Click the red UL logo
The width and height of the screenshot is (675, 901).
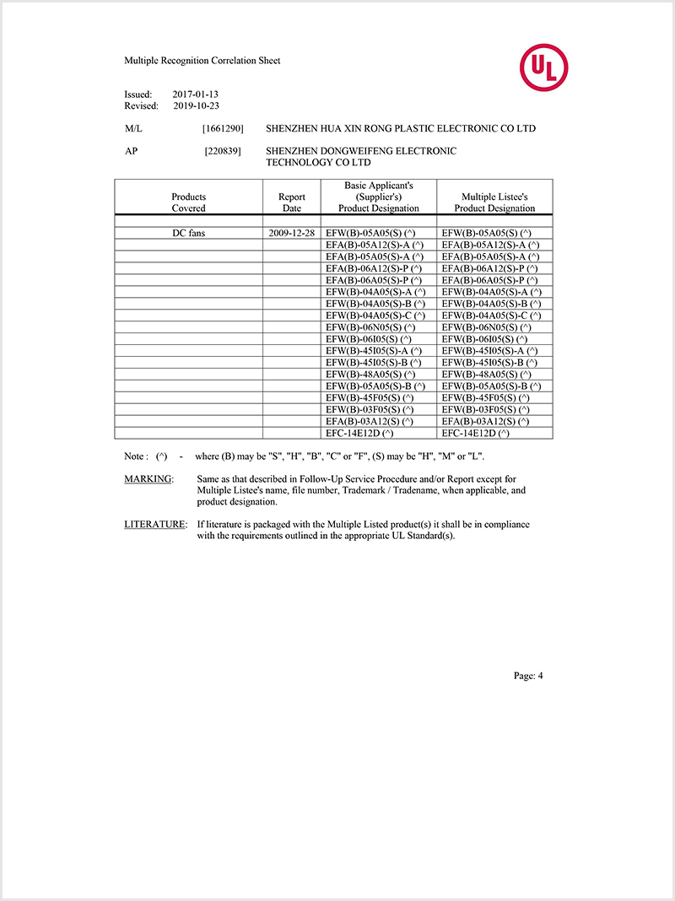pos(543,67)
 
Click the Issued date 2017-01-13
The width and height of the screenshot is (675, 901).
pos(196,94)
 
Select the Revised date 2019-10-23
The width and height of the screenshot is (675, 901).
pos(196,106)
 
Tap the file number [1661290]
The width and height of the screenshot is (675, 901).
pos(223,129)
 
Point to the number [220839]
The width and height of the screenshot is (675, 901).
pos(223,152)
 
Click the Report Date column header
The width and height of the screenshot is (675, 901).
pos(292,202)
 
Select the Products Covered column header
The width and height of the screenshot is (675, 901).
pos(189,202)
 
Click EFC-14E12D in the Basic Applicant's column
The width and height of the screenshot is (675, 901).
pos(359,433)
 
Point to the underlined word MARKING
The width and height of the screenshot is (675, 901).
pos(148,478)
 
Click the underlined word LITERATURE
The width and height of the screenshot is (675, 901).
pos(155,524)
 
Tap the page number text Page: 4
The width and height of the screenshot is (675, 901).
pos(528,675)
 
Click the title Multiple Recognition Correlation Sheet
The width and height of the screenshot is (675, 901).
pos(202,61)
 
